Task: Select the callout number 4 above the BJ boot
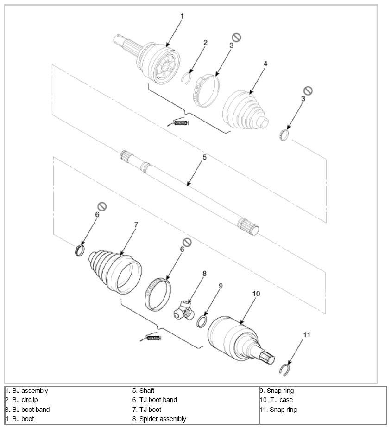[x=265, y=64]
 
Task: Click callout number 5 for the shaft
[x=204, y=157]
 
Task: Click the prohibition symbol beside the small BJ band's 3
[x=308, y=90]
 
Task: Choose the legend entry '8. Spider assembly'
[x=159, y=419]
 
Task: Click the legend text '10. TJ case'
[x=276, y=400]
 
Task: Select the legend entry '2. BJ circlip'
[x=22, y=400]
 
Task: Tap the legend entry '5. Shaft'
[x=144, y=391]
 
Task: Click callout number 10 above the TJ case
[x=256, y=294]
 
